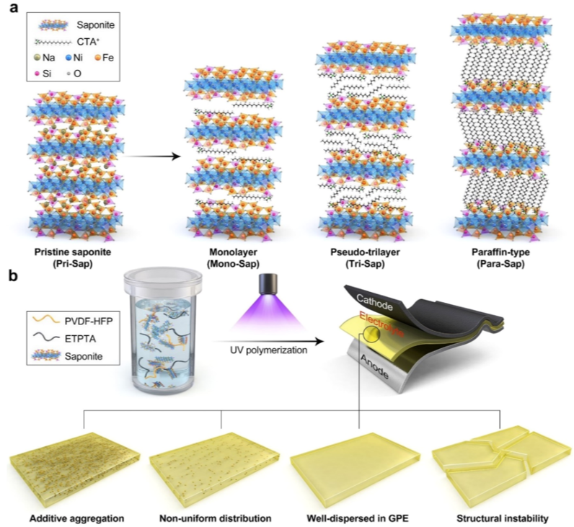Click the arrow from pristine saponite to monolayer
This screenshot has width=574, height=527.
point(147,154)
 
